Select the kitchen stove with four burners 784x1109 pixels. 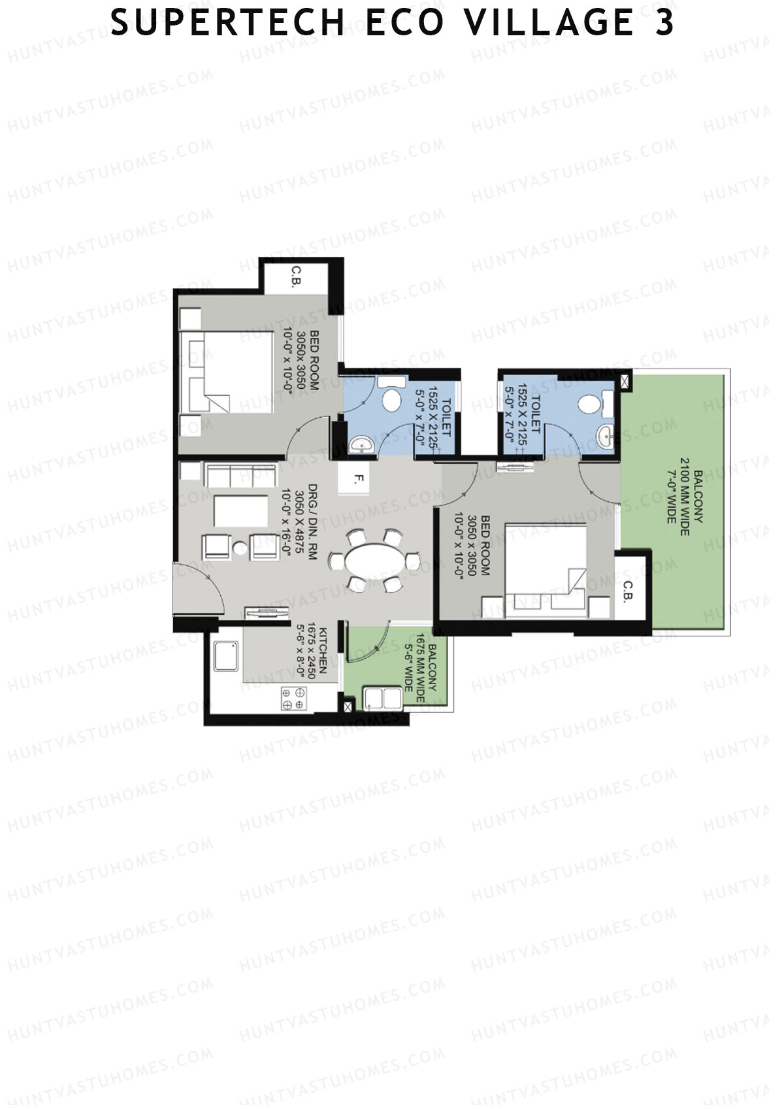click(293, 698)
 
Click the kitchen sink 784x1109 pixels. click(225, 657)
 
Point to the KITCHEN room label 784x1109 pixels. click(323, 651)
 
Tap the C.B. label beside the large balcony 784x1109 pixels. click(628, 592)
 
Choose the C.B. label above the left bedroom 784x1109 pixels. click(296, 276)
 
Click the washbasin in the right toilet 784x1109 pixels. click(605, 437)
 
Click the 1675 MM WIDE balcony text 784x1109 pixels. click(420, 668)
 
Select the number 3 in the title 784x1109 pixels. click(664, 23)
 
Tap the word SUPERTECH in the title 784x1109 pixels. click(227, 23)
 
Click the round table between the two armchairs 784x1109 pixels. click(240, 548)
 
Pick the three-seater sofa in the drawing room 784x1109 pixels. click(240, 476)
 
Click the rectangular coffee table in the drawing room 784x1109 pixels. click(240, 511)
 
